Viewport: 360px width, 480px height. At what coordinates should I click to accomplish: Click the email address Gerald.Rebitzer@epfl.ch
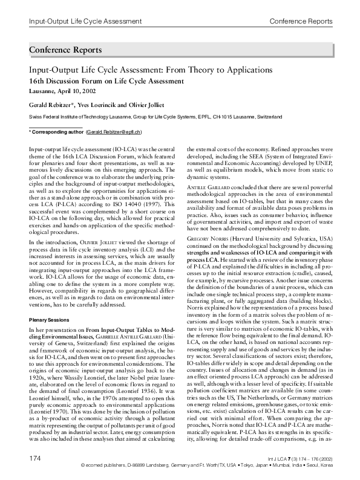click(114, 131)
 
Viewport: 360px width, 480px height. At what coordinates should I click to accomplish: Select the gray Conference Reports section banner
click(180, 49)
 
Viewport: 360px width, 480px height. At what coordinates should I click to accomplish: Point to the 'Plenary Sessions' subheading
click(50, 319)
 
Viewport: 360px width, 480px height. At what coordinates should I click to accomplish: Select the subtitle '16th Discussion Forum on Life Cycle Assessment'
click(106, 80)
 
